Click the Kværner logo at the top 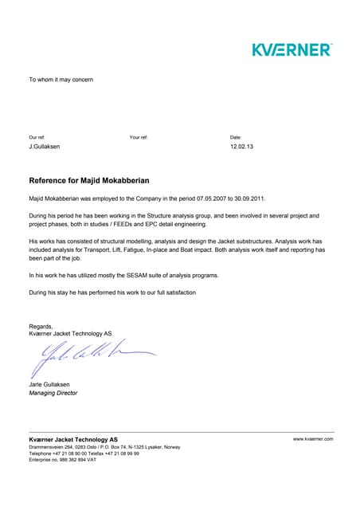click(x=292, y=49)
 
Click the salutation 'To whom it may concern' click(x=61, y=80)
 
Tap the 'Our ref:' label click(x=37, y=138)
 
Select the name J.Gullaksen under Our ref click(x=45, y=147)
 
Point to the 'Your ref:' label click(x=139, y=138)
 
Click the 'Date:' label click(x=236, y=138)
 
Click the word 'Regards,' click(x=41, y=326)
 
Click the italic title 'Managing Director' click(x=53, y=393)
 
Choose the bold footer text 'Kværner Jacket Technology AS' click(x=73, y=439)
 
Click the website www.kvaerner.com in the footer click(x=312, y=439)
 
